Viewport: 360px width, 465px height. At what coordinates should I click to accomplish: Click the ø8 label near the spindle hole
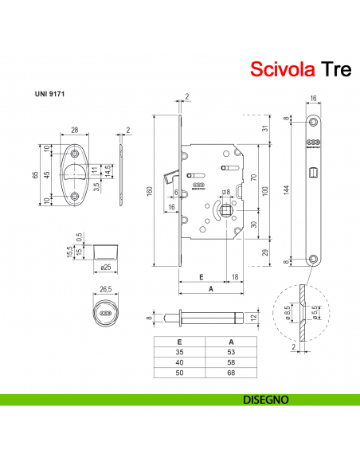pyautogui.click(x=225, y=191)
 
